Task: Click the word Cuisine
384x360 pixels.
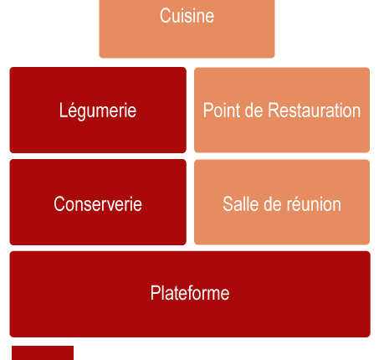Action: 187,16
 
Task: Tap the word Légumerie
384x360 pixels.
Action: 98,111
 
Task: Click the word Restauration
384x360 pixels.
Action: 314,110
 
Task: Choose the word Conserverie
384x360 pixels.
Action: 98,203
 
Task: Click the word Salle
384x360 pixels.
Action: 240,203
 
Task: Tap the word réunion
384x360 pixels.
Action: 314,203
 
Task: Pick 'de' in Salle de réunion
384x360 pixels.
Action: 273,203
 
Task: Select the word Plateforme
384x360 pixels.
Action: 190,293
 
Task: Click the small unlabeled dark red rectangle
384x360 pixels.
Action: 43,353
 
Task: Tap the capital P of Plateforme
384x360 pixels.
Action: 155,293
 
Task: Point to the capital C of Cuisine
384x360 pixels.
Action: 165,16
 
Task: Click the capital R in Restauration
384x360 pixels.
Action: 274,110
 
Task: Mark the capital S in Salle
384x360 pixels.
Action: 228,203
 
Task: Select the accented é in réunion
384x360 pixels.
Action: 297,204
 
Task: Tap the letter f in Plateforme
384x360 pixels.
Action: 189,293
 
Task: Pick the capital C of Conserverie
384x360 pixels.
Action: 59,203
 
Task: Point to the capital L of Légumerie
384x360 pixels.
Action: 63,110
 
